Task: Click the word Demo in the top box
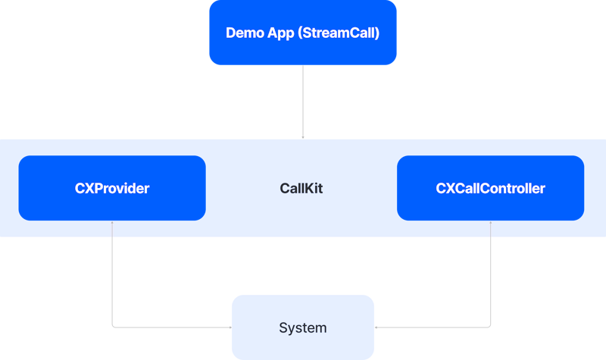coord(243,33)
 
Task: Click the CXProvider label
coord(112,189)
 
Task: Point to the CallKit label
coord(301,189)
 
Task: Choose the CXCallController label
coord(490,189)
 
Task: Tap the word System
coord(303,328)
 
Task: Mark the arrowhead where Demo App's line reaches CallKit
coord(303,137)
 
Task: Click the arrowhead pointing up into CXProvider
coord(112,222)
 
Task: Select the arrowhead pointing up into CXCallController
coord(491,222)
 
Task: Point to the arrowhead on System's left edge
coord(230,327)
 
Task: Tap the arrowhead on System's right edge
coord(376,327)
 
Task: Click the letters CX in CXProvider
coord(83,189)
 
